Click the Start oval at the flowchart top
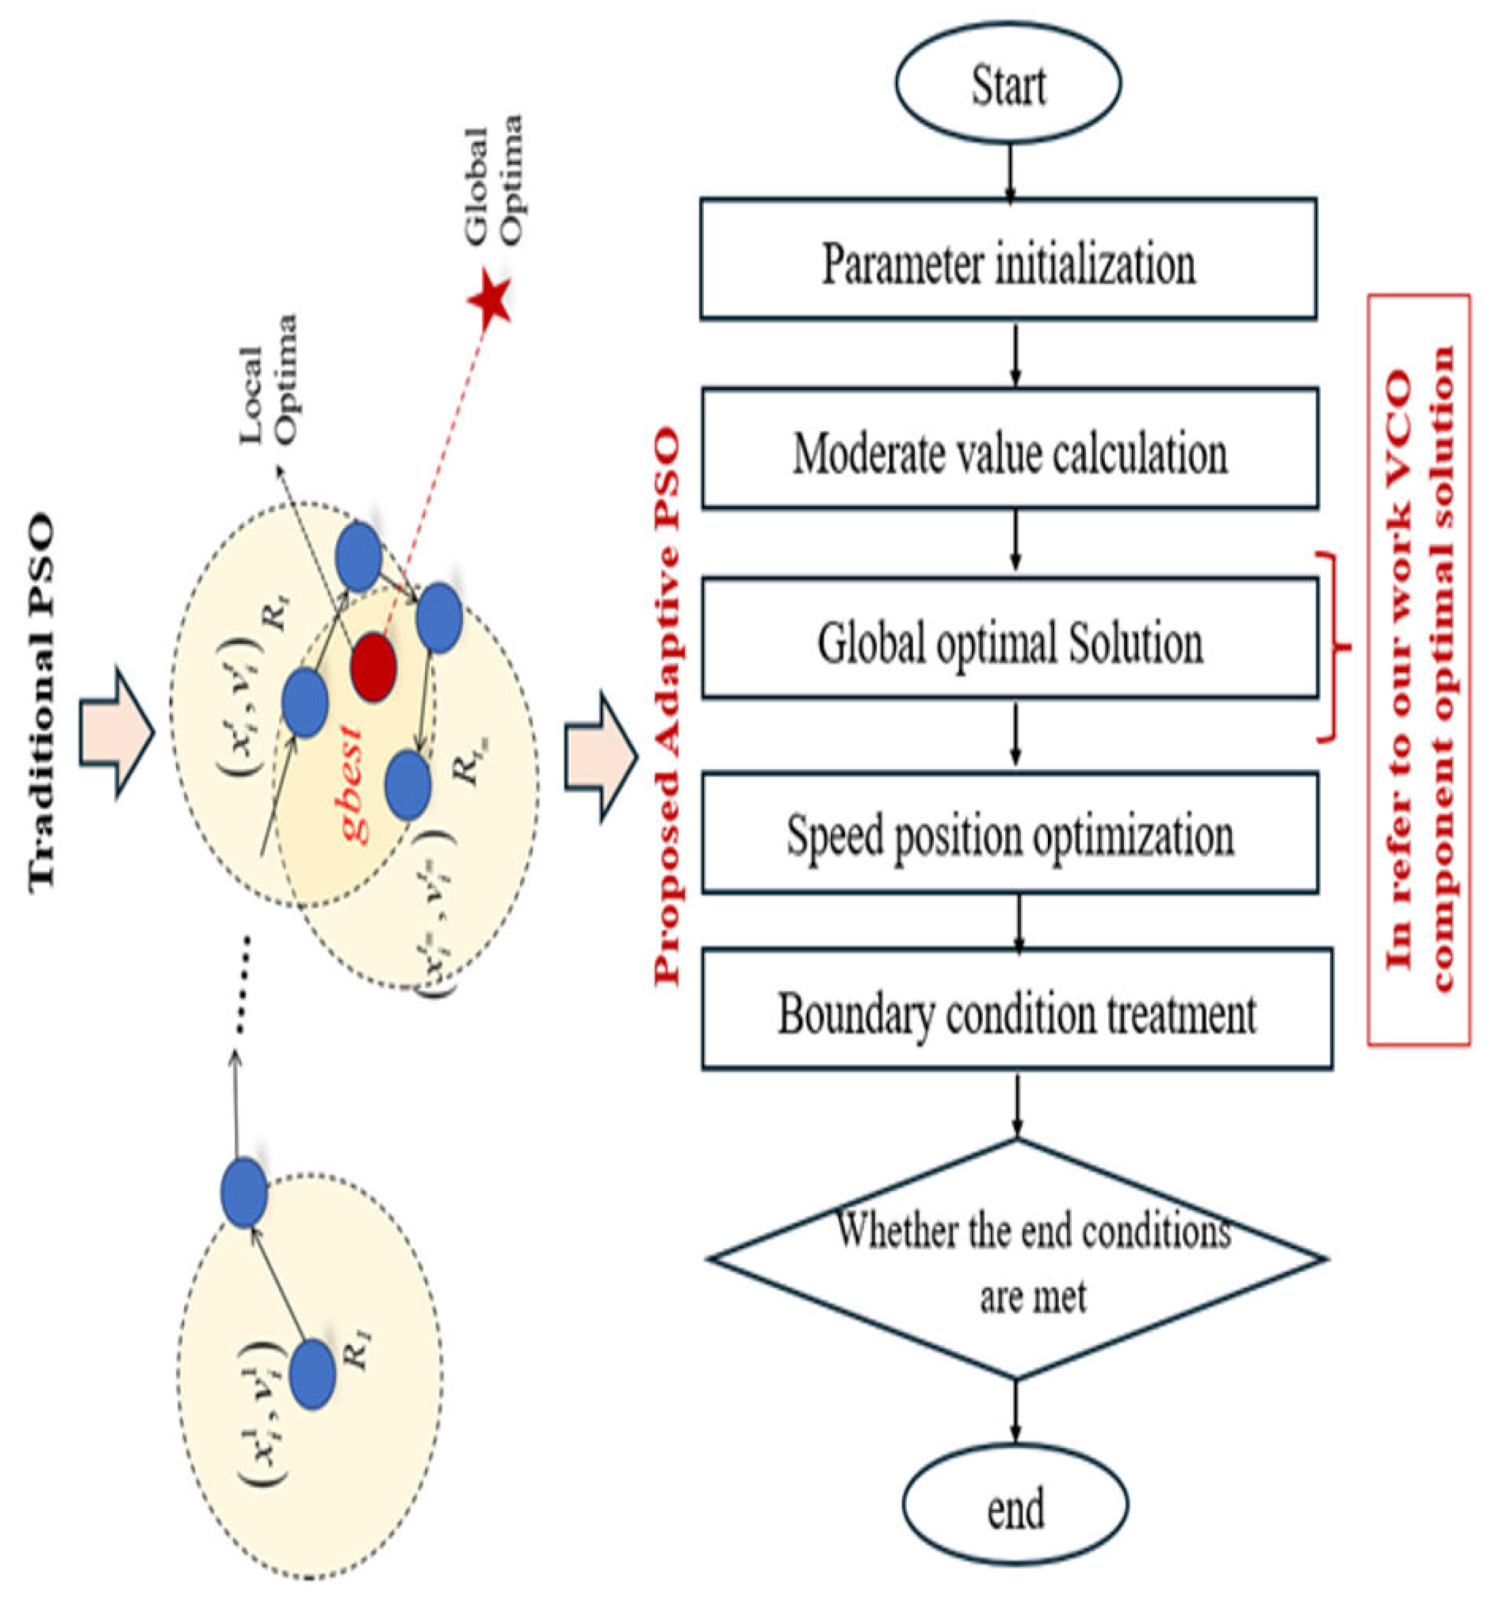(1008, 84)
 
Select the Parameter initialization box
(1008, 259)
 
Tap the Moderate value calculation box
(1010, 449)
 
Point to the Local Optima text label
(268, 379)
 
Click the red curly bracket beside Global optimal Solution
(1335, 646)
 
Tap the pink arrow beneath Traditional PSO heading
(115, 732)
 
